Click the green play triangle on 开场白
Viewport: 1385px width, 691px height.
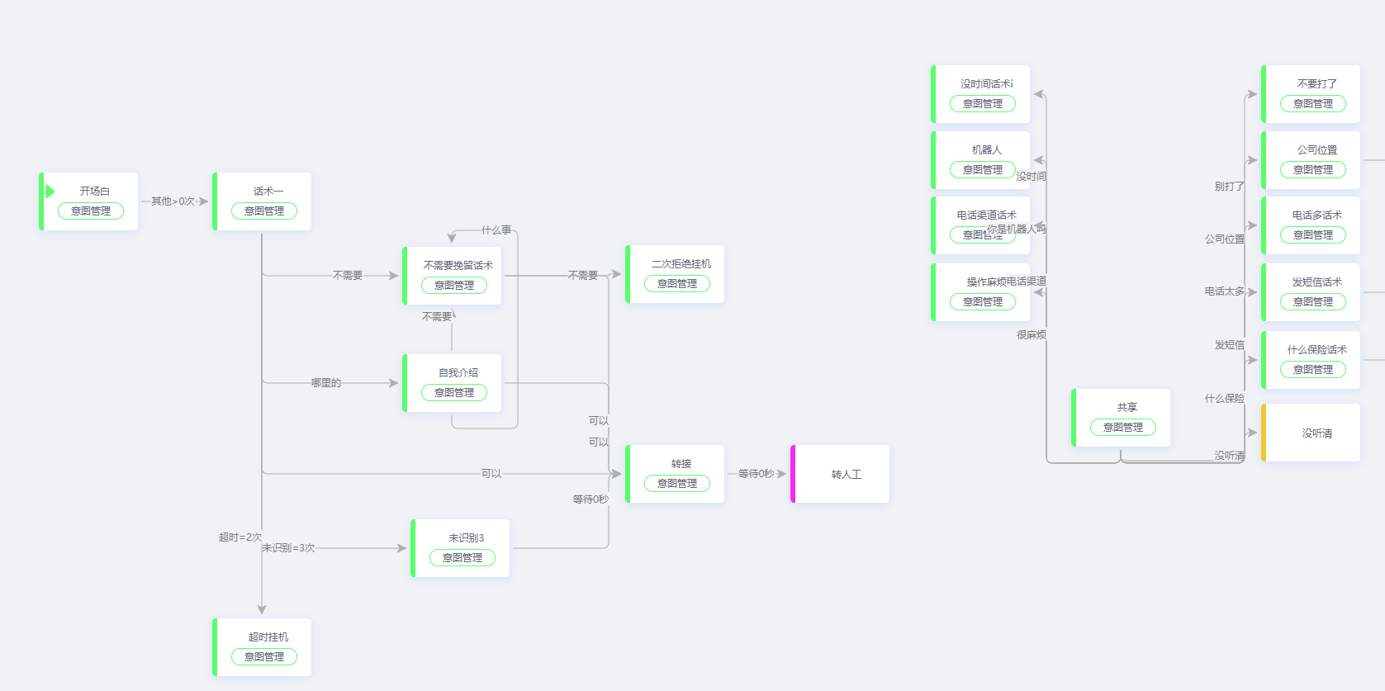pos(50,192)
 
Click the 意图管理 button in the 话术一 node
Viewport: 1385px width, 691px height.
pos(264,211)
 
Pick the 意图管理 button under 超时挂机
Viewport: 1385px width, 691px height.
pos(264,656)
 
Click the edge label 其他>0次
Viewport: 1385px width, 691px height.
pos(173,201)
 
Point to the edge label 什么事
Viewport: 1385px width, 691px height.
pos(496,230)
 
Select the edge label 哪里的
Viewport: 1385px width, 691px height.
pos(326,382)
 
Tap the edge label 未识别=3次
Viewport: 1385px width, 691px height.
pos(288,547)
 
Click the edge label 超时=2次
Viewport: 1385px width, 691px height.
pos(240,537)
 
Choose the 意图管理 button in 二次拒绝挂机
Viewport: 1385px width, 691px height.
pos(677,283)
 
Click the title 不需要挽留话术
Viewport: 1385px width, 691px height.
pos(458,265)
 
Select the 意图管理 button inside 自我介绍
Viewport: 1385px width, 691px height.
pos(454,392)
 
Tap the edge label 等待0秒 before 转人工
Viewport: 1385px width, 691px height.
pos(756,473)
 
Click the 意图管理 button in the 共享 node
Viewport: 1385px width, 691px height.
pos(1123,427)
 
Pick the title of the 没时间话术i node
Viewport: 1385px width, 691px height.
pos(986,83)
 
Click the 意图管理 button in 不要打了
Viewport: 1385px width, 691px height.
pos(1313,103)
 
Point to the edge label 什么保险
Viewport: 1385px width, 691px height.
pos(1224,398)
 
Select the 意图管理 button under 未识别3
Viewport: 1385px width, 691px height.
pos(462,557)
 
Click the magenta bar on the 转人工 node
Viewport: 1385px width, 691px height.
pos(793,474)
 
